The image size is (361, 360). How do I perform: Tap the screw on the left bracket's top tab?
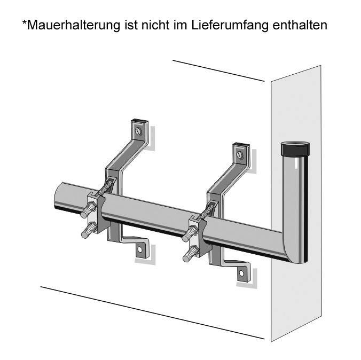[139, 130]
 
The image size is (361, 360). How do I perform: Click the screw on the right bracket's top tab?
[240, 155]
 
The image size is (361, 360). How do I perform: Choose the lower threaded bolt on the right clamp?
[190, 254]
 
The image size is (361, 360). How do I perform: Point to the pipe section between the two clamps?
[150, 216]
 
